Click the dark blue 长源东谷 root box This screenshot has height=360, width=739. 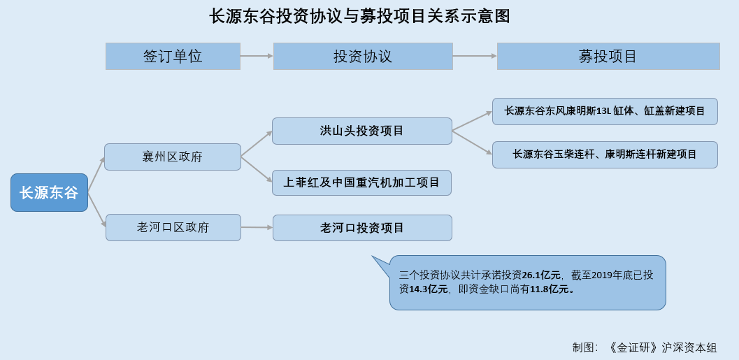[x=50, y=192]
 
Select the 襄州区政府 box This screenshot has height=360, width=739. [x=173, y=157]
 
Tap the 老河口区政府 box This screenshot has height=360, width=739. [x=173, y=228]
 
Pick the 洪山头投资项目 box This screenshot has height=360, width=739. [x=362, y=131]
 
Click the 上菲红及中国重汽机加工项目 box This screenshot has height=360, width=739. [x=361, y=183]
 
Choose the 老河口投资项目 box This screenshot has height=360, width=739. [x=362, y=228]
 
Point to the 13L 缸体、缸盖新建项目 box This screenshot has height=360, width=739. [x=605, y=112]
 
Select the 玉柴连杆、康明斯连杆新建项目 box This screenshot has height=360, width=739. [x=605, y=154]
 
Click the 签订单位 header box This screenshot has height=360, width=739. [x=173, y=57]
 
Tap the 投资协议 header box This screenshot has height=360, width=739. [x=363, y=57]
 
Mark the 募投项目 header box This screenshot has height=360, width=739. [x=608, y=57]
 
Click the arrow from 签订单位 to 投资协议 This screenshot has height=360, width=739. [x=257, y=56]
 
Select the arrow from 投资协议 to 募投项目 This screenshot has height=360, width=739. [x=475, y=56]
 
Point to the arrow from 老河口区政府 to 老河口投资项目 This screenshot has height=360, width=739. [x=257, y=228]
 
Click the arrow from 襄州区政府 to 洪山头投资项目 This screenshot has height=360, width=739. [x=257, y=143]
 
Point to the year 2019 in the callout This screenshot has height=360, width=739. [x=601, y=275]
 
